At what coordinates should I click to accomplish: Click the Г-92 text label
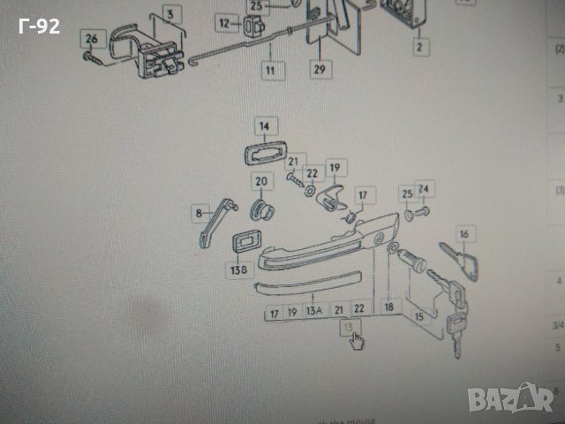pyautogui.click(x=39, y=26)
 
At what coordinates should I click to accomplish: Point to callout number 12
pyautogui.click(x=224, y=23)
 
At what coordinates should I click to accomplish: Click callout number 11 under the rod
pyautogui.click(x=269, y=68)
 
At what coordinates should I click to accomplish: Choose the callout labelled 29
pyautogui.click(x=318, y=68)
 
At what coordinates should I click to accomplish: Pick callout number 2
pyautogui.click(x=419, y=44)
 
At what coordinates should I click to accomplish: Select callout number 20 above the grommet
pyautogui.click(x=261, y=183)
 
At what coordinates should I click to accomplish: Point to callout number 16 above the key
pyautogui.click(x=466, y=234)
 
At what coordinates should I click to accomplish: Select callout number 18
pyautogui.click(x=388, y=306)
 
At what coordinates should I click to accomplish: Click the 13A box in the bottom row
pyautogui.click(x=314, y=311)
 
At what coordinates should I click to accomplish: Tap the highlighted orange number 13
pyautogui.click(x=352, y=326)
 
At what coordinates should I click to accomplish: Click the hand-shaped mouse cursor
pyautogui.click(x=357, y=339)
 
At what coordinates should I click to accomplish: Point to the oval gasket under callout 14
pyautogui.click(x=261, y=151)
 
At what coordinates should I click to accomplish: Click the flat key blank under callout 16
pyautogui.click(x=469, y=262)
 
